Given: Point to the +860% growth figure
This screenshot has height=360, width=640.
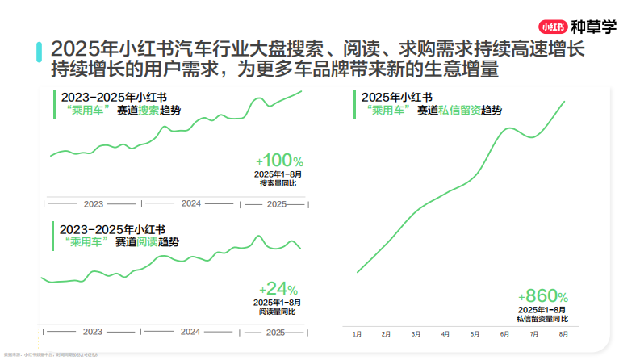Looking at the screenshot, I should click(x=543, y=295).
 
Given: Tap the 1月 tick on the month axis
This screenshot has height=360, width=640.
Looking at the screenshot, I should click(x=357, y=333).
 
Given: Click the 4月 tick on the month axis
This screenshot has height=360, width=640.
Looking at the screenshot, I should click(x=445, y=333).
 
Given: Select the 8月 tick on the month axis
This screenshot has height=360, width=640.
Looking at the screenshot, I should click(x=563, y=333).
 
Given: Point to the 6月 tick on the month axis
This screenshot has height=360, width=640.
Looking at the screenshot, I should click(x=504, y=333).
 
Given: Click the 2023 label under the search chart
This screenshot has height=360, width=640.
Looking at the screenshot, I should click(x=94, y=204).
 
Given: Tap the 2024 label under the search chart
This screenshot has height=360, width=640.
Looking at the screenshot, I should click(x=191, y=203).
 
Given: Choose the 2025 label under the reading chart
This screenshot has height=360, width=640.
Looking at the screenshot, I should click(x=275, y=332).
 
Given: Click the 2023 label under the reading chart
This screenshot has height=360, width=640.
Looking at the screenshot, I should click(x=93, y=332).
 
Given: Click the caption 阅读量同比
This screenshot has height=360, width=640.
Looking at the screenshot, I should click(x=278, y=312).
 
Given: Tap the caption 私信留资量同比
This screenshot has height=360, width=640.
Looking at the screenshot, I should click(x=542, y=319).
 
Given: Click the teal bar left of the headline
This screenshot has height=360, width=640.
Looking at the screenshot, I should click(x=40, y=52).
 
